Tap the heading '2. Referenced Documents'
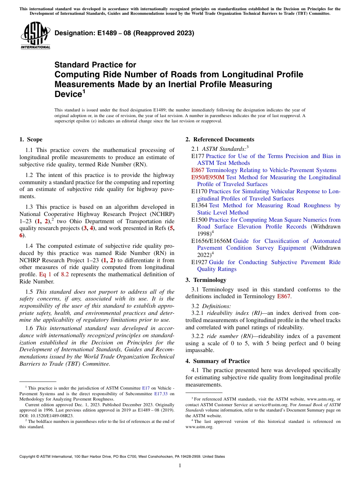[220, 139]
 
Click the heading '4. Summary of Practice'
[218, 361]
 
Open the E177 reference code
[198, 156]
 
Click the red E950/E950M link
[208, 177]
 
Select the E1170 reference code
[199, 192]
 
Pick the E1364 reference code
[199, 205]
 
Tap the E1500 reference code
[199, 220]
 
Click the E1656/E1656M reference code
[211, 241]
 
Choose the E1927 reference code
[199, 262]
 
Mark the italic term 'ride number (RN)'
[230, 336]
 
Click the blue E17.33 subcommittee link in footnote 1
[161, 393]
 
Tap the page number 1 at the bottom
[180, 465]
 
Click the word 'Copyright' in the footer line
[28, 457]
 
